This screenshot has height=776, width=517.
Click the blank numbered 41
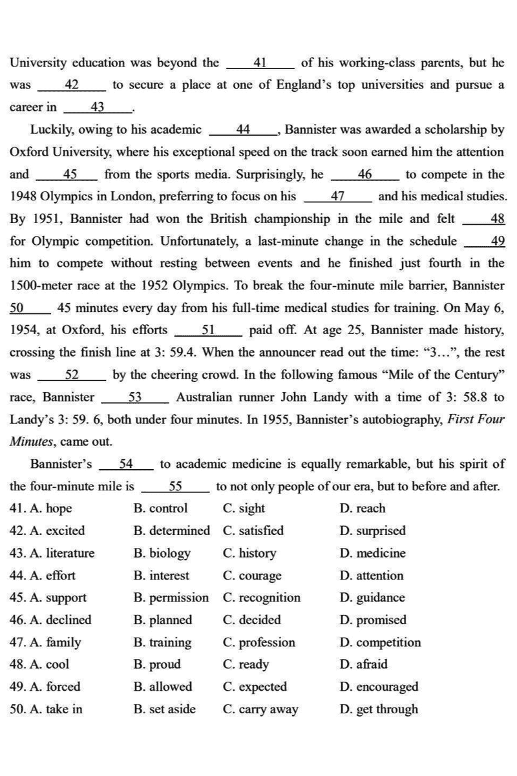point(261,63)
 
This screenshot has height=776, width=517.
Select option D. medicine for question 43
point(372,553)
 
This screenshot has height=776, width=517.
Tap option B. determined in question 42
point(171,531)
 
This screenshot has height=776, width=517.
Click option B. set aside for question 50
point(164,709)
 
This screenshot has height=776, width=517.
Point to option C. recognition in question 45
point(261,598)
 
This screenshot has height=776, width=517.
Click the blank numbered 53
point(136,397)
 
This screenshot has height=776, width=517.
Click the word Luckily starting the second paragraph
point(54,130)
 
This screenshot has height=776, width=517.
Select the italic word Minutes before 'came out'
point(30,442)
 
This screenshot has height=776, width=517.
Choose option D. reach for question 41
point(362,509)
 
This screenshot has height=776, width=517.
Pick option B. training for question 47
point(162,643)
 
